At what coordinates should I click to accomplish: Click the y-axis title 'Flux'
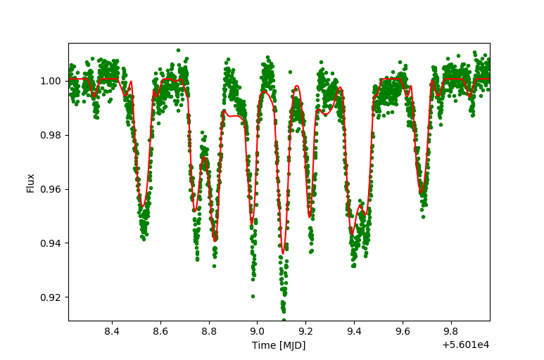(31, 182)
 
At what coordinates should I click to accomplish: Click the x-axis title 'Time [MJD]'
(279, 345)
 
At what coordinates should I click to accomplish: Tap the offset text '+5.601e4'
(466, 345)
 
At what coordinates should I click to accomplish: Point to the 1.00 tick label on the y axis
(52, 81)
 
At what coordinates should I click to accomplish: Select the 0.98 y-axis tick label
(52, 135)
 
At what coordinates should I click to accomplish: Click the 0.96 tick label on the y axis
(52, 189)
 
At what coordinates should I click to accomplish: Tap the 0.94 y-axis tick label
(52, 243)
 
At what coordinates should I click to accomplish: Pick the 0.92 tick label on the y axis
(52, 297)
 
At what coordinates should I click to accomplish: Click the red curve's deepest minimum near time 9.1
(283, 253)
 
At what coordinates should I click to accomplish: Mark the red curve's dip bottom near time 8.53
(143, 207)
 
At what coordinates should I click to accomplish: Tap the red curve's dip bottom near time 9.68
(422, 193)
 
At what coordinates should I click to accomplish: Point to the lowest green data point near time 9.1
(284, 320)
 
